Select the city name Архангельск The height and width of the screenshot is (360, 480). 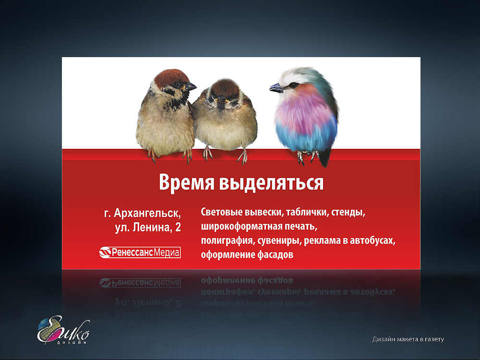[x=147, y=213]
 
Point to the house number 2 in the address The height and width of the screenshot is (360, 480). [x=178, y=228]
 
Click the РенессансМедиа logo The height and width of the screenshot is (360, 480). [x=140, y=252]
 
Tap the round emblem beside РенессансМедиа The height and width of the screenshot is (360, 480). [x=105, y=252]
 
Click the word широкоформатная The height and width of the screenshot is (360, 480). [x=241, y=227]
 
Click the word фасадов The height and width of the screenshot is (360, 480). [x=275, y=255]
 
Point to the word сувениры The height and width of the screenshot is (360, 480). [x=279, y=241]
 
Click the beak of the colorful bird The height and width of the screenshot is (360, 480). [x=276, y=88]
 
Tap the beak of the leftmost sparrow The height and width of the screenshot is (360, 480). [x=191, y=87]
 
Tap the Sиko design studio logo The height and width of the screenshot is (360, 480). [x=63, y=330]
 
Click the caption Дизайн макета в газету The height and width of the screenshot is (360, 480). [x=408, y=339]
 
